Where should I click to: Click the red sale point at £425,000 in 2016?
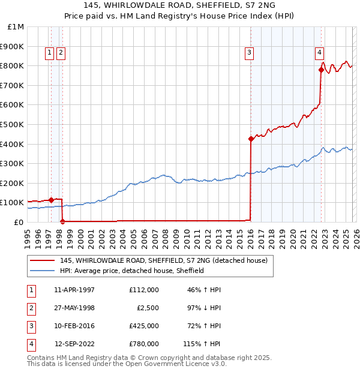[x=250, y=139]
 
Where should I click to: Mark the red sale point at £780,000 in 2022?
[x=321, y=70]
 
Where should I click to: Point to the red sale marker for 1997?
[x=52, y=200]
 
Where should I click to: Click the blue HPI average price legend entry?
[x=132, y=271]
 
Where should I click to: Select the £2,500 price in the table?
[x=146, y=308]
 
